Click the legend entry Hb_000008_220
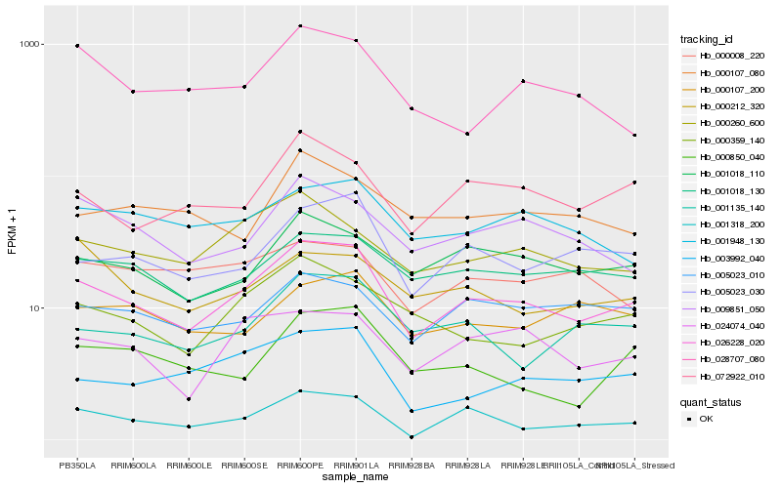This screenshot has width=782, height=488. pyautogui.click(x=728, y=56)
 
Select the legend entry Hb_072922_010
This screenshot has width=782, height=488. pyautogui.click(x=728, y=376)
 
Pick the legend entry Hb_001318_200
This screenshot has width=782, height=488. pyautogui.click(x=728, y=224)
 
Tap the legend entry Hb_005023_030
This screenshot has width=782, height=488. pyautogui.click(x=728, y=292)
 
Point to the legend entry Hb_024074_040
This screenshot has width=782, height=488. pyautogui.click(x=728, y=325)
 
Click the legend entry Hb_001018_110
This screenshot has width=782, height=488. pyautogui.click(x=728, y=174)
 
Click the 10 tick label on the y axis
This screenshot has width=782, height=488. pyautogui.click(x=56, y=308)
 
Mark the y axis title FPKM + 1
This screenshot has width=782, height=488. pyautogui.click(x=13, y=234)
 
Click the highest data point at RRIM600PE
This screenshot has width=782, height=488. pyautogui.click(x=300, y=26)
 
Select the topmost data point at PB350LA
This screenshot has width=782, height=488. pyautogui.click(x=77, y=46)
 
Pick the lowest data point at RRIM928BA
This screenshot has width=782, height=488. pyautogui.click(x=412, y=437)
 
